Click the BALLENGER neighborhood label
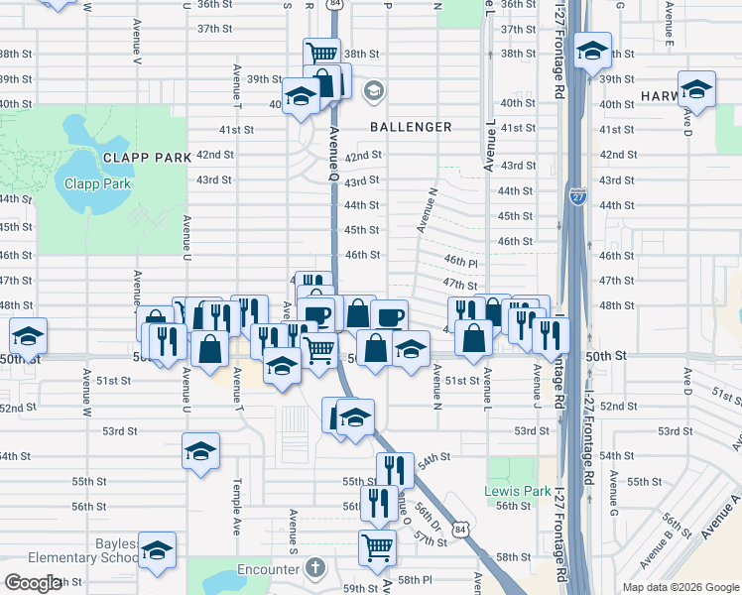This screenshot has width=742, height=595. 411,127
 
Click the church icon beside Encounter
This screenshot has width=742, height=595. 315,568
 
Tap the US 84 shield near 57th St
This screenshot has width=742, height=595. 459,531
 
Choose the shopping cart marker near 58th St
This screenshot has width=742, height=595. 377,546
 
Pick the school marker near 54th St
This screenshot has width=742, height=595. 200,451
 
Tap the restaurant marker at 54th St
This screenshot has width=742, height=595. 394,469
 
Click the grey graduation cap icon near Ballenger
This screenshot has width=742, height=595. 374,91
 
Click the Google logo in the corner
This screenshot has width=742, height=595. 32,583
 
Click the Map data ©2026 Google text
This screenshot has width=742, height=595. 680,587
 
